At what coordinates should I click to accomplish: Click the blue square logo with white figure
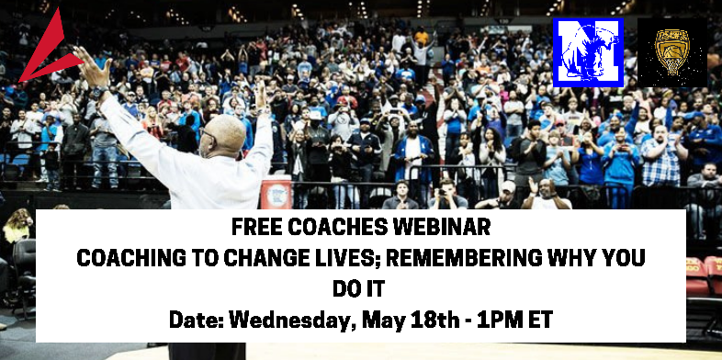pyautogui.click(x=588, y=52)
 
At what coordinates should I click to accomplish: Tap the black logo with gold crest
pyautogui.click(x=671, y=52)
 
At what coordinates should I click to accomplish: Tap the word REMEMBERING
pyautogui.click(x=476, y=260)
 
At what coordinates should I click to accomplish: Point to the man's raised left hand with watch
pyautogui.click(x=93, y=72)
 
